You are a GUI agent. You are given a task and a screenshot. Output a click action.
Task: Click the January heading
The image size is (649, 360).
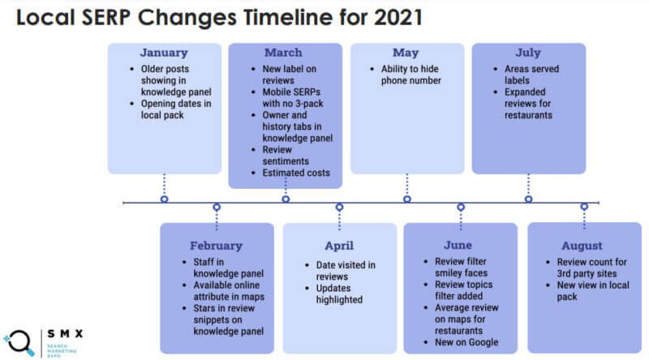coord(164,53)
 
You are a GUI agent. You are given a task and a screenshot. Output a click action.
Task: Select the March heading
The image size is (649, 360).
coord(283,53)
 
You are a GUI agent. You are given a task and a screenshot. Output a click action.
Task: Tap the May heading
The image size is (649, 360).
coord(406,53)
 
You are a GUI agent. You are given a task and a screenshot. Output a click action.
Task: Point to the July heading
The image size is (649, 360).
coord(528,53)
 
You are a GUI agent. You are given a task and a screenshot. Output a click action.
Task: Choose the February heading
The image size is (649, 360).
coord(216,246)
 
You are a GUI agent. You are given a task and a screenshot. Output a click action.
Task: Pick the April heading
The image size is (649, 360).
coord(339,246)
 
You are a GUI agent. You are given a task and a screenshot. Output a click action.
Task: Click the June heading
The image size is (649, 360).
coord(458,245)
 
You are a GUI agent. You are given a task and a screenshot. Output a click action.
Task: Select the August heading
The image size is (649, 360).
coord(582,246)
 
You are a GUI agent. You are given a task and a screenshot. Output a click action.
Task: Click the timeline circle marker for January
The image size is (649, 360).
coord(165,199)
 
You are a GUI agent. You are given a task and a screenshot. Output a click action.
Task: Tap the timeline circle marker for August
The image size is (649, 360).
coord(584,207)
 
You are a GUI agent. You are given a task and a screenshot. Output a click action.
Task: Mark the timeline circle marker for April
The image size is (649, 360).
coord(339,207)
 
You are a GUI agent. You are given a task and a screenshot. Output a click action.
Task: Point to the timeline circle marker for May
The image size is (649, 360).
coord(407,199)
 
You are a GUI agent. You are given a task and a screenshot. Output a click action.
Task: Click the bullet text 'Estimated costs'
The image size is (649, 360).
coord(296,173)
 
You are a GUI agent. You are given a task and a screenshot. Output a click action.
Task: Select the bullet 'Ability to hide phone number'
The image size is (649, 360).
coord(411,75)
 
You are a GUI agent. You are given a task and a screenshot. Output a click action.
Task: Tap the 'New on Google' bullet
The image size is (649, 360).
coord(466,342)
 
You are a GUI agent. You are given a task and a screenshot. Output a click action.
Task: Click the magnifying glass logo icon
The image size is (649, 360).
coord(19,343)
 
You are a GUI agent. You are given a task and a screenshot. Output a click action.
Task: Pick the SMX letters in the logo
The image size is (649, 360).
coord(65,333)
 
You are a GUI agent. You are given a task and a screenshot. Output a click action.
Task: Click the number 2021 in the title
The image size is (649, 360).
coord(398,17)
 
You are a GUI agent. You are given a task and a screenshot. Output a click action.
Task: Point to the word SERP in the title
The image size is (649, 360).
coord(106,17)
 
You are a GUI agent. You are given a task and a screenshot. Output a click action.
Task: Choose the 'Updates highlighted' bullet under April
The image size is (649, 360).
coord(339,294)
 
